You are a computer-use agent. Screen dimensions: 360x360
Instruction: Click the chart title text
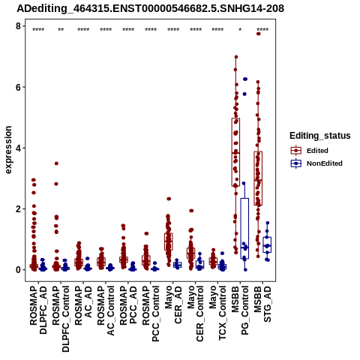(150, 9)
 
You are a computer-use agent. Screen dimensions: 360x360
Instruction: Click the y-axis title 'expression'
(8, 150)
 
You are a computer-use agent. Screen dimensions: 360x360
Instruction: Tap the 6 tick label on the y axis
(18, 87)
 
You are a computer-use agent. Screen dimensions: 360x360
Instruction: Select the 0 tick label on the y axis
(18, 270)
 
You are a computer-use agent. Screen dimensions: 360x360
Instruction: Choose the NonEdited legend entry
(316, 163)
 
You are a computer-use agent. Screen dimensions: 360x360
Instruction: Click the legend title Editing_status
(320, 136)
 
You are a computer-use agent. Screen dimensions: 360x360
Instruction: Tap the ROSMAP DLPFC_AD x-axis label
(38, 310)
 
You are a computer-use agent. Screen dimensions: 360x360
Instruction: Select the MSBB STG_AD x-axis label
(262, 304)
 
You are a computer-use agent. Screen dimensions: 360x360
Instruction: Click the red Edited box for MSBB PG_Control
(235, 152)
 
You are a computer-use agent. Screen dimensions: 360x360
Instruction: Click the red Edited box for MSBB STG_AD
(258, 178)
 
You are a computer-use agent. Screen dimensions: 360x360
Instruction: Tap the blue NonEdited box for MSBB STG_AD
(267, 244)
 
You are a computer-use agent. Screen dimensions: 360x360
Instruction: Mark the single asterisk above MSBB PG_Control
(240, 30)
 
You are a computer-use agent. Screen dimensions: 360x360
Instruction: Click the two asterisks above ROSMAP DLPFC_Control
(61, 30)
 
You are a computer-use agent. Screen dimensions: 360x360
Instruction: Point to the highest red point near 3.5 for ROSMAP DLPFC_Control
(56, 163)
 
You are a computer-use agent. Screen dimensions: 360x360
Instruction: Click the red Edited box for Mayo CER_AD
(169, 241)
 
